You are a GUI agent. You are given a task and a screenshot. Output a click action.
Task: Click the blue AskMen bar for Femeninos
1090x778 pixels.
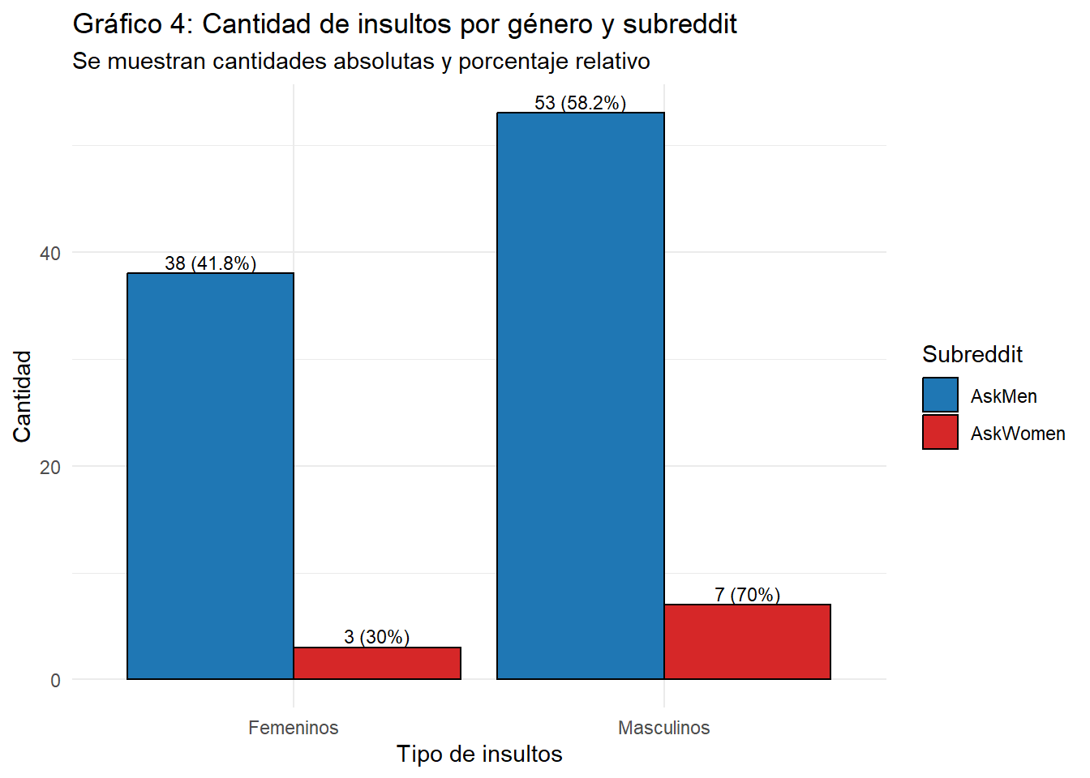pyautogui.click(x=210, y=476)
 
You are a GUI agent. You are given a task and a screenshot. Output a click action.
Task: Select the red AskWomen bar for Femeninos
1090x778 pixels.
pyautogui.click(x=377, y=663)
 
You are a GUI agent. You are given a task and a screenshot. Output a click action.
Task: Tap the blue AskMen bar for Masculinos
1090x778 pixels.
pyautogui.click(x=580, y=395)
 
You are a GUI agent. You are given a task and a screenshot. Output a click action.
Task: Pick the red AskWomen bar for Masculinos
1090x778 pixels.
pyautogui.click(x=747, y=641)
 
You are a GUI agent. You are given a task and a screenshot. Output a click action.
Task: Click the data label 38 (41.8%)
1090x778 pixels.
pyautogui.click(x=210, y=263)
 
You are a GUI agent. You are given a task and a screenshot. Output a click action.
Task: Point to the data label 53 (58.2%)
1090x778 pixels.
pyautogui.click(x=580, y=103)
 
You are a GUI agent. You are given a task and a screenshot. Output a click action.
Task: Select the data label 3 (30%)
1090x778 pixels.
pyautogui.click(x=376, y=637)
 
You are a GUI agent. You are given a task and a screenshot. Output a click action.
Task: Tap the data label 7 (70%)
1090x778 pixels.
pyautogui.click(x=747, y=595)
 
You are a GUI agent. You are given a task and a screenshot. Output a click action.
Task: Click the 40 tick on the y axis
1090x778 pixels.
pyautogui.click(x=50, y=253)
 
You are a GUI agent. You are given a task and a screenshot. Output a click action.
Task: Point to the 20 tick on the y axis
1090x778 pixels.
pyautogui.click(x=50, y=467)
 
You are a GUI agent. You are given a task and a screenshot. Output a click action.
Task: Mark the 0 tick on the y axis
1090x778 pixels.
pyautogui.click(x=55, y=681)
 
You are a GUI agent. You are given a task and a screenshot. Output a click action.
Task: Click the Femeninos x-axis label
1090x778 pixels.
pyautogui.click(x=293, y=728)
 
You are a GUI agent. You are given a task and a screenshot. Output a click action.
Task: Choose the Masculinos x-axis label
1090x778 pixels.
pyautogui.click(x=663, y=728)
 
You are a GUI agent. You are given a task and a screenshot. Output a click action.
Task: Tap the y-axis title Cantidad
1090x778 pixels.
pyautogui.click(x=22, y=396)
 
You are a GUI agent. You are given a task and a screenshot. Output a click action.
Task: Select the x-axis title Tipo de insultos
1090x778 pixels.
pyautogui.click(x=479, y=754)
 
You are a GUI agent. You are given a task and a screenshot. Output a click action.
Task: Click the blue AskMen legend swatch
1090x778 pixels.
pyautogui.click(x=940, y=395)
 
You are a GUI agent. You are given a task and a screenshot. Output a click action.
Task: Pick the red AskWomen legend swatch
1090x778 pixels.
pyautogui.click(x=940, y=433)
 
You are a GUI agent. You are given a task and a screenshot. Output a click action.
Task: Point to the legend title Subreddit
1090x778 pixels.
pyautogui.click(x=972, y=354)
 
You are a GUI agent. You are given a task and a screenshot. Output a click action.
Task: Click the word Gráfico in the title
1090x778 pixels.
pyautogui.click(x=118, y=24)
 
